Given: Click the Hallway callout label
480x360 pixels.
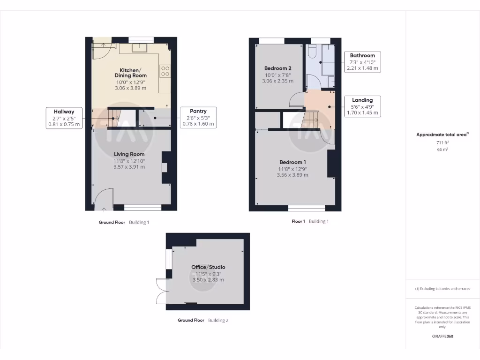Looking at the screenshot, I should (64, 118).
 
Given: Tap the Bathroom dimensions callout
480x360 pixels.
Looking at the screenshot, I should (362, 61).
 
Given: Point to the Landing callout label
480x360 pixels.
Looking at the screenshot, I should (362, 106).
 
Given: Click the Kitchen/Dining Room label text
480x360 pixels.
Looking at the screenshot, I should (131, 73).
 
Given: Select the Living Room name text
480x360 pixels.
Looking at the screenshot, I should (129, 154).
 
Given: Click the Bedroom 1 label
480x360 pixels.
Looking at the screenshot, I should (292, 162).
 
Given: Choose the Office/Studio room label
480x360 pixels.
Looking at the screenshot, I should (208, 267).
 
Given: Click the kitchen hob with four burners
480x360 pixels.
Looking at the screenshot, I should (165, 71).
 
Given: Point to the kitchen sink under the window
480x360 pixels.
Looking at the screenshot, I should (140, 47).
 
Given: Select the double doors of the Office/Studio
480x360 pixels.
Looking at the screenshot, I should (162, 291).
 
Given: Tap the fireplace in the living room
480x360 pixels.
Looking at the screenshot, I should (164, 167).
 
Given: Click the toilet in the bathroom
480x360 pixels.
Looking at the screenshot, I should (313, 50).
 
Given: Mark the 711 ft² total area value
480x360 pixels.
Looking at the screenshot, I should (442, 142).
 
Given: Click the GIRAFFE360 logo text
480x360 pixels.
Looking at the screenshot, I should (442, 336).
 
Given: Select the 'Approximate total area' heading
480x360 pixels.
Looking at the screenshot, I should (442, 135).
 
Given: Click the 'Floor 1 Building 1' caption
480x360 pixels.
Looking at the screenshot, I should (310, 221).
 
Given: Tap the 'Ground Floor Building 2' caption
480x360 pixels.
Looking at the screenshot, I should (203, 320).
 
